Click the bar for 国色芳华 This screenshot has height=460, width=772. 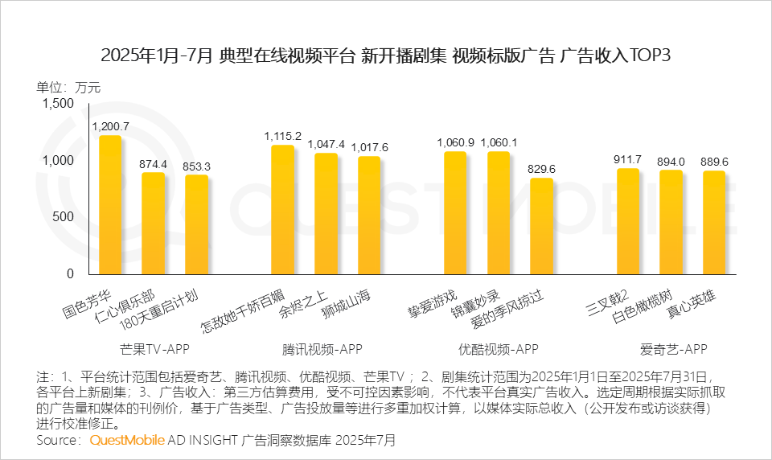(x=110, y=204)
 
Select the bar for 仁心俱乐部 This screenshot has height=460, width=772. (x=153, y=223)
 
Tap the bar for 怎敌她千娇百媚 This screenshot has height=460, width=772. (x=282, y=209)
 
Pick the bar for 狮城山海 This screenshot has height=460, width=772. (x=369, y=215)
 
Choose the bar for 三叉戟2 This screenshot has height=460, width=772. (x=628, y=220)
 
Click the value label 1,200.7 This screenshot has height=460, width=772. (x=111, y=127)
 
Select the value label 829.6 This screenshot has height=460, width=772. (x=541, y=169)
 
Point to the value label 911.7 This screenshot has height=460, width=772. (x=627, y=159)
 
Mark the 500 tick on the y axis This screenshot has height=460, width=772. (x=62, y=216)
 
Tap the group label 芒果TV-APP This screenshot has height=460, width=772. (x=153, y=349)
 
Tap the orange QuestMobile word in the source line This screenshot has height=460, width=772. (x=127, y=441)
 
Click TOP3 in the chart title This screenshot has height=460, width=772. (x=647, y=55)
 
